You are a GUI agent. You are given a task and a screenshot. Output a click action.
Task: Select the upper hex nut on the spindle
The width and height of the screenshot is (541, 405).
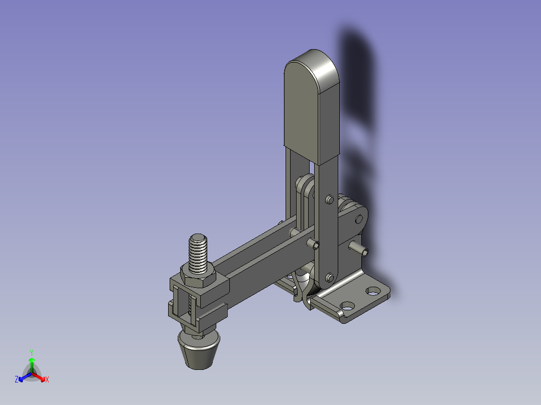tap(198, 277)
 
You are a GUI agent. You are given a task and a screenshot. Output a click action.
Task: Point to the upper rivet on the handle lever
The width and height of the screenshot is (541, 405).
tap(330, 199)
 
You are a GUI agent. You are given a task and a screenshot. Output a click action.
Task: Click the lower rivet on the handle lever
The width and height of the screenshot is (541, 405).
tap(330, 278)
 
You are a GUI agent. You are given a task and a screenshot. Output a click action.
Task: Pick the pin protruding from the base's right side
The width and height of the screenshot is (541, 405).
tap(359, 249)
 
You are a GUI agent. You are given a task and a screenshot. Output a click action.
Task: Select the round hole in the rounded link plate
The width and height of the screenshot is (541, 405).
tap(359, 219)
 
